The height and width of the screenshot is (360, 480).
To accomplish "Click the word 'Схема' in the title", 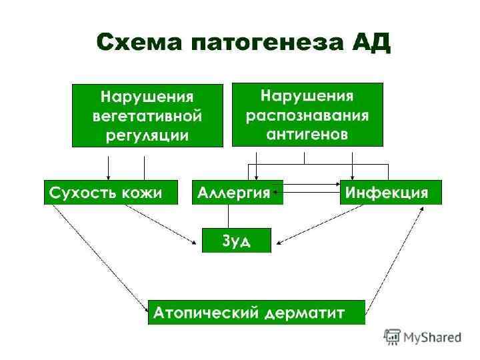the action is (139, 43).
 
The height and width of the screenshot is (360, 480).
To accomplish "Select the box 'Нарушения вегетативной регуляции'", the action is (147, 115).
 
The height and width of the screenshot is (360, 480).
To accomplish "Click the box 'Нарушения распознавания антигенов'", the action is (307, 114).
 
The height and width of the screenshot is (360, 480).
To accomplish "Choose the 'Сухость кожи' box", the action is (111, 192).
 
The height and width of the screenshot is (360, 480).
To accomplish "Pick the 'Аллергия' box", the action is (237, 192).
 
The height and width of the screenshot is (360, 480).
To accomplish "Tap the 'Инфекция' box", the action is (391, 192).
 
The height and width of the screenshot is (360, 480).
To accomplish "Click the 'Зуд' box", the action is (237, 240).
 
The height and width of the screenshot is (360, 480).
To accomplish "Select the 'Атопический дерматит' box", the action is (257, 312).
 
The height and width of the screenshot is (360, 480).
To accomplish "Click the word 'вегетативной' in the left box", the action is (147, 116).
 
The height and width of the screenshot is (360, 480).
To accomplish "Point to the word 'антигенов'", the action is (307, 133).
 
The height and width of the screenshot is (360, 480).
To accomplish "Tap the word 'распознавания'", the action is (307, 115).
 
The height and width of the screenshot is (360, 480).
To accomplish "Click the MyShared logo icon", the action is (392, 336).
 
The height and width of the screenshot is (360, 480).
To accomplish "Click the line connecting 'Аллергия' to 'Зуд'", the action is (229, 216).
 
